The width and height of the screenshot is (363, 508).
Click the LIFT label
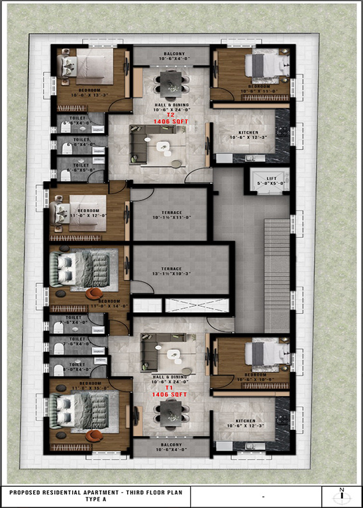pyautogui.click(x=270, y=179)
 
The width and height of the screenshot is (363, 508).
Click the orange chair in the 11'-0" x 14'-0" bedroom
pyautogui.click(x=94, y=294)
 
